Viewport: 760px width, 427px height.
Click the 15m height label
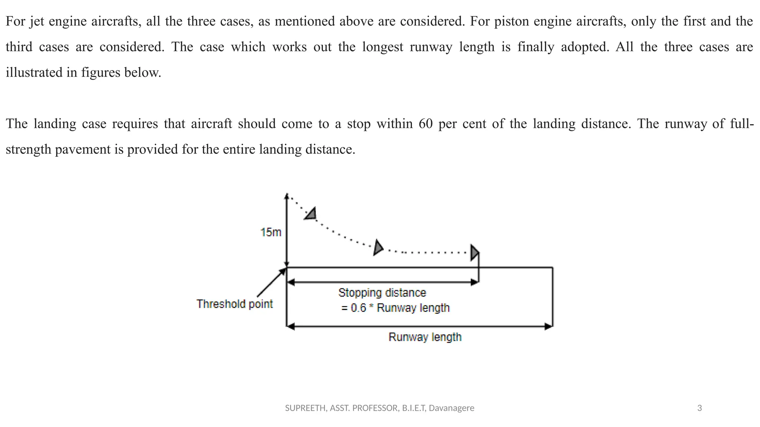coord(271,232)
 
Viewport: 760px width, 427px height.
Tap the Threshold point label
coord(235,304)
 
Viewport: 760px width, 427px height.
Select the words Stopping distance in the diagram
coord(382,293)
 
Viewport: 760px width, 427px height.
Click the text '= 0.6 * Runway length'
coord(395,308)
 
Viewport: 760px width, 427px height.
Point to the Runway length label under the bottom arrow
coord(425,337)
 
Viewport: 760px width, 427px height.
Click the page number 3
coord(700,408)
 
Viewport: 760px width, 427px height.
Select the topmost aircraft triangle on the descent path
coord(311,214)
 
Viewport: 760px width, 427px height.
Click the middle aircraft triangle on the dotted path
coord(378,248)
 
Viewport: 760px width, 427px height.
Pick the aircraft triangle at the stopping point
coord(475,252)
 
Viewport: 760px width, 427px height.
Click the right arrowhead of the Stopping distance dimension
coord(475,282)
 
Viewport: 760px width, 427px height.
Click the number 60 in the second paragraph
coord(426,123)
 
